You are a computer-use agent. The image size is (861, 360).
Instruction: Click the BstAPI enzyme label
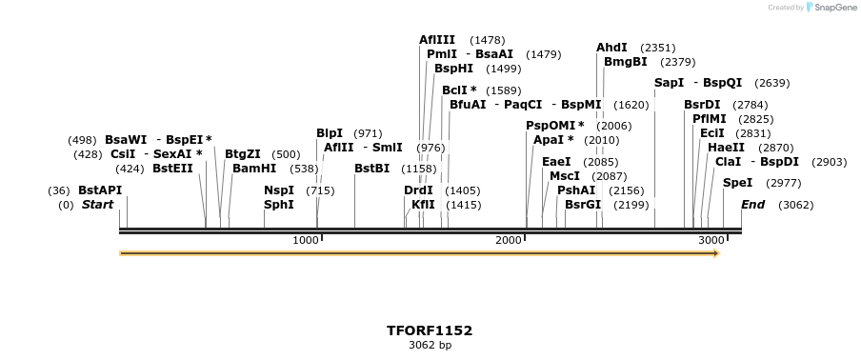(100, 190)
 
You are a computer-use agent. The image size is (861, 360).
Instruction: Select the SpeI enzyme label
(737, 183)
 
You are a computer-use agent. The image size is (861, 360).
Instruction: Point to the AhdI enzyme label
(611, 48)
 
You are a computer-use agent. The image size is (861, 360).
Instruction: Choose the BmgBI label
(625, 62)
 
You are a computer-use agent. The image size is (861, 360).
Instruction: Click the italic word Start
(97, 205)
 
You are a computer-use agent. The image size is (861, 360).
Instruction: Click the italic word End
(752, 205)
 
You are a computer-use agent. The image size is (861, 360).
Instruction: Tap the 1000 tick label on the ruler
(306, 240)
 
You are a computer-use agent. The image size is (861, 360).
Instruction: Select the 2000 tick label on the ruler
(509, 240)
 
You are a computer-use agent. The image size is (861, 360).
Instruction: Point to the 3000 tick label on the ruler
(711, 240)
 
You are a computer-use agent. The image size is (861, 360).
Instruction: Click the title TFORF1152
(430, 330)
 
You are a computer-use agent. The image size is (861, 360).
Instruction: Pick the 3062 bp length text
(430, 345)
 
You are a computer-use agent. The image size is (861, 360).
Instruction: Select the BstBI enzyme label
(371, 169)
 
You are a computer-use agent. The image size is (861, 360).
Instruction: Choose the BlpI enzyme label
(330, 133)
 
